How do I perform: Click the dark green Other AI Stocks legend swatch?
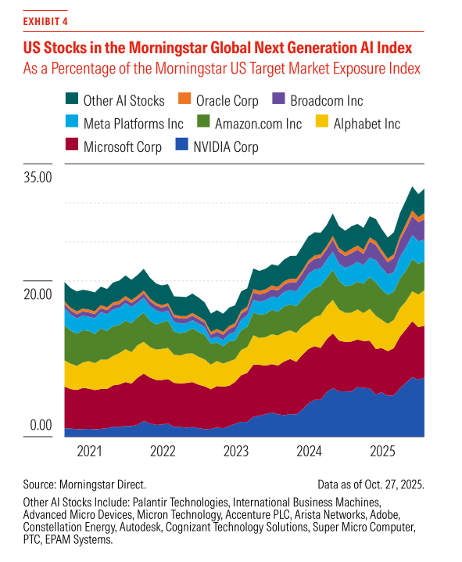(x=71, y=100)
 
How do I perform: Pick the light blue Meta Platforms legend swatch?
(x=71, y=124)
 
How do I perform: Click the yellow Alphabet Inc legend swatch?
(x=323, y=124)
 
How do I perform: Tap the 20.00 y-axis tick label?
(x=36, y=294)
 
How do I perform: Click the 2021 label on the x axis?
(x=90, y=452)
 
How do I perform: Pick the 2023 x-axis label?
(x=236, y=452)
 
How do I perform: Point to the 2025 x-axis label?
(x=383, y=452)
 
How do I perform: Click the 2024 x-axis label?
(x=310, y=452)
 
